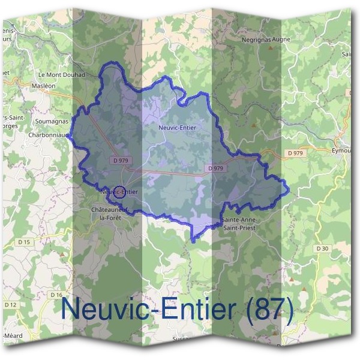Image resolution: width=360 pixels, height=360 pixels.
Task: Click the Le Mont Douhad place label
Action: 62,75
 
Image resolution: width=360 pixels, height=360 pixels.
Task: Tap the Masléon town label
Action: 43,86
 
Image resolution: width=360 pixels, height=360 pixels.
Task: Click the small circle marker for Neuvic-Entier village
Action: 119,192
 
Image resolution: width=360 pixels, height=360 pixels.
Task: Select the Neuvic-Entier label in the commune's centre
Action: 177,128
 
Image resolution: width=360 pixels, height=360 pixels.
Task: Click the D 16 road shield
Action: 57,295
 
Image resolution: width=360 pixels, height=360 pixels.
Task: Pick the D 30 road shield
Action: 322,248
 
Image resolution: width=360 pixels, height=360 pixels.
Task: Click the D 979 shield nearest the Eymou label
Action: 295,154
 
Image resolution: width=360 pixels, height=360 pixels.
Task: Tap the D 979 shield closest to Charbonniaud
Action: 121,160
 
